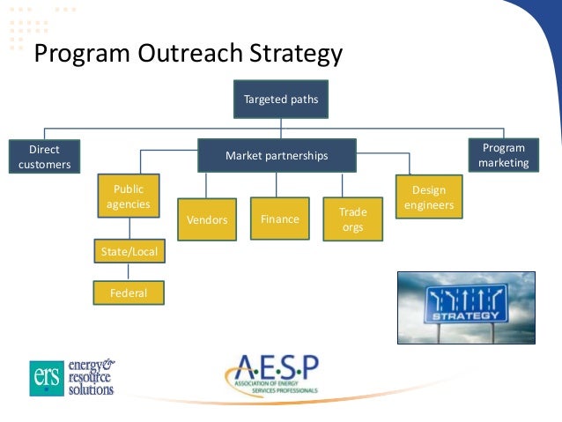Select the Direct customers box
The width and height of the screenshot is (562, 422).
click(x=44, y=157)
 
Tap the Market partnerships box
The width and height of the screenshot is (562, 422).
click(x=277, y=156)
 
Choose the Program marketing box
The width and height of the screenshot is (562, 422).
click(x=503, y=155)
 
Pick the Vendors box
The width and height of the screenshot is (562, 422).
click(x=207, y=219)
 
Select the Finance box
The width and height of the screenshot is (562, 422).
click(x=279, y=218)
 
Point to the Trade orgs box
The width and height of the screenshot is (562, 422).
click(x=352, y=219)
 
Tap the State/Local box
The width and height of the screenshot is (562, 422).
click(x=129, y=252)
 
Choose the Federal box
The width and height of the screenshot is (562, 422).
click(x=129, y=292)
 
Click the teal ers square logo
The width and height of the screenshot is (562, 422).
click(x=46, y=377)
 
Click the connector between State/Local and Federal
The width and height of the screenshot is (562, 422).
click(x=129, y=272)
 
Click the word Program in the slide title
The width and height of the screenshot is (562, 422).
click(x=81, y=56)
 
